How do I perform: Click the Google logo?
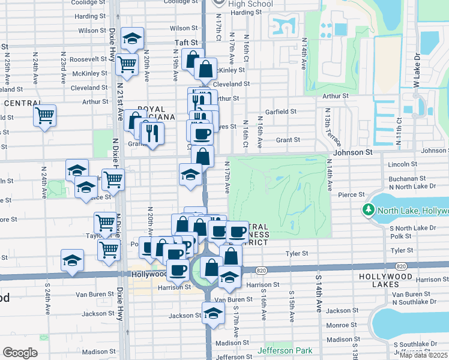pos(20,353)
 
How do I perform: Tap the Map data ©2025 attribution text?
pos(423,355)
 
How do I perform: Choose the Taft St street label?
pos(186,43)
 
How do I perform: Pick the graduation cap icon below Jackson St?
pos(212,313)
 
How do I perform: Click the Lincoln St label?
pos(402,164)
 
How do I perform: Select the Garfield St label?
pos(281,112)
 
